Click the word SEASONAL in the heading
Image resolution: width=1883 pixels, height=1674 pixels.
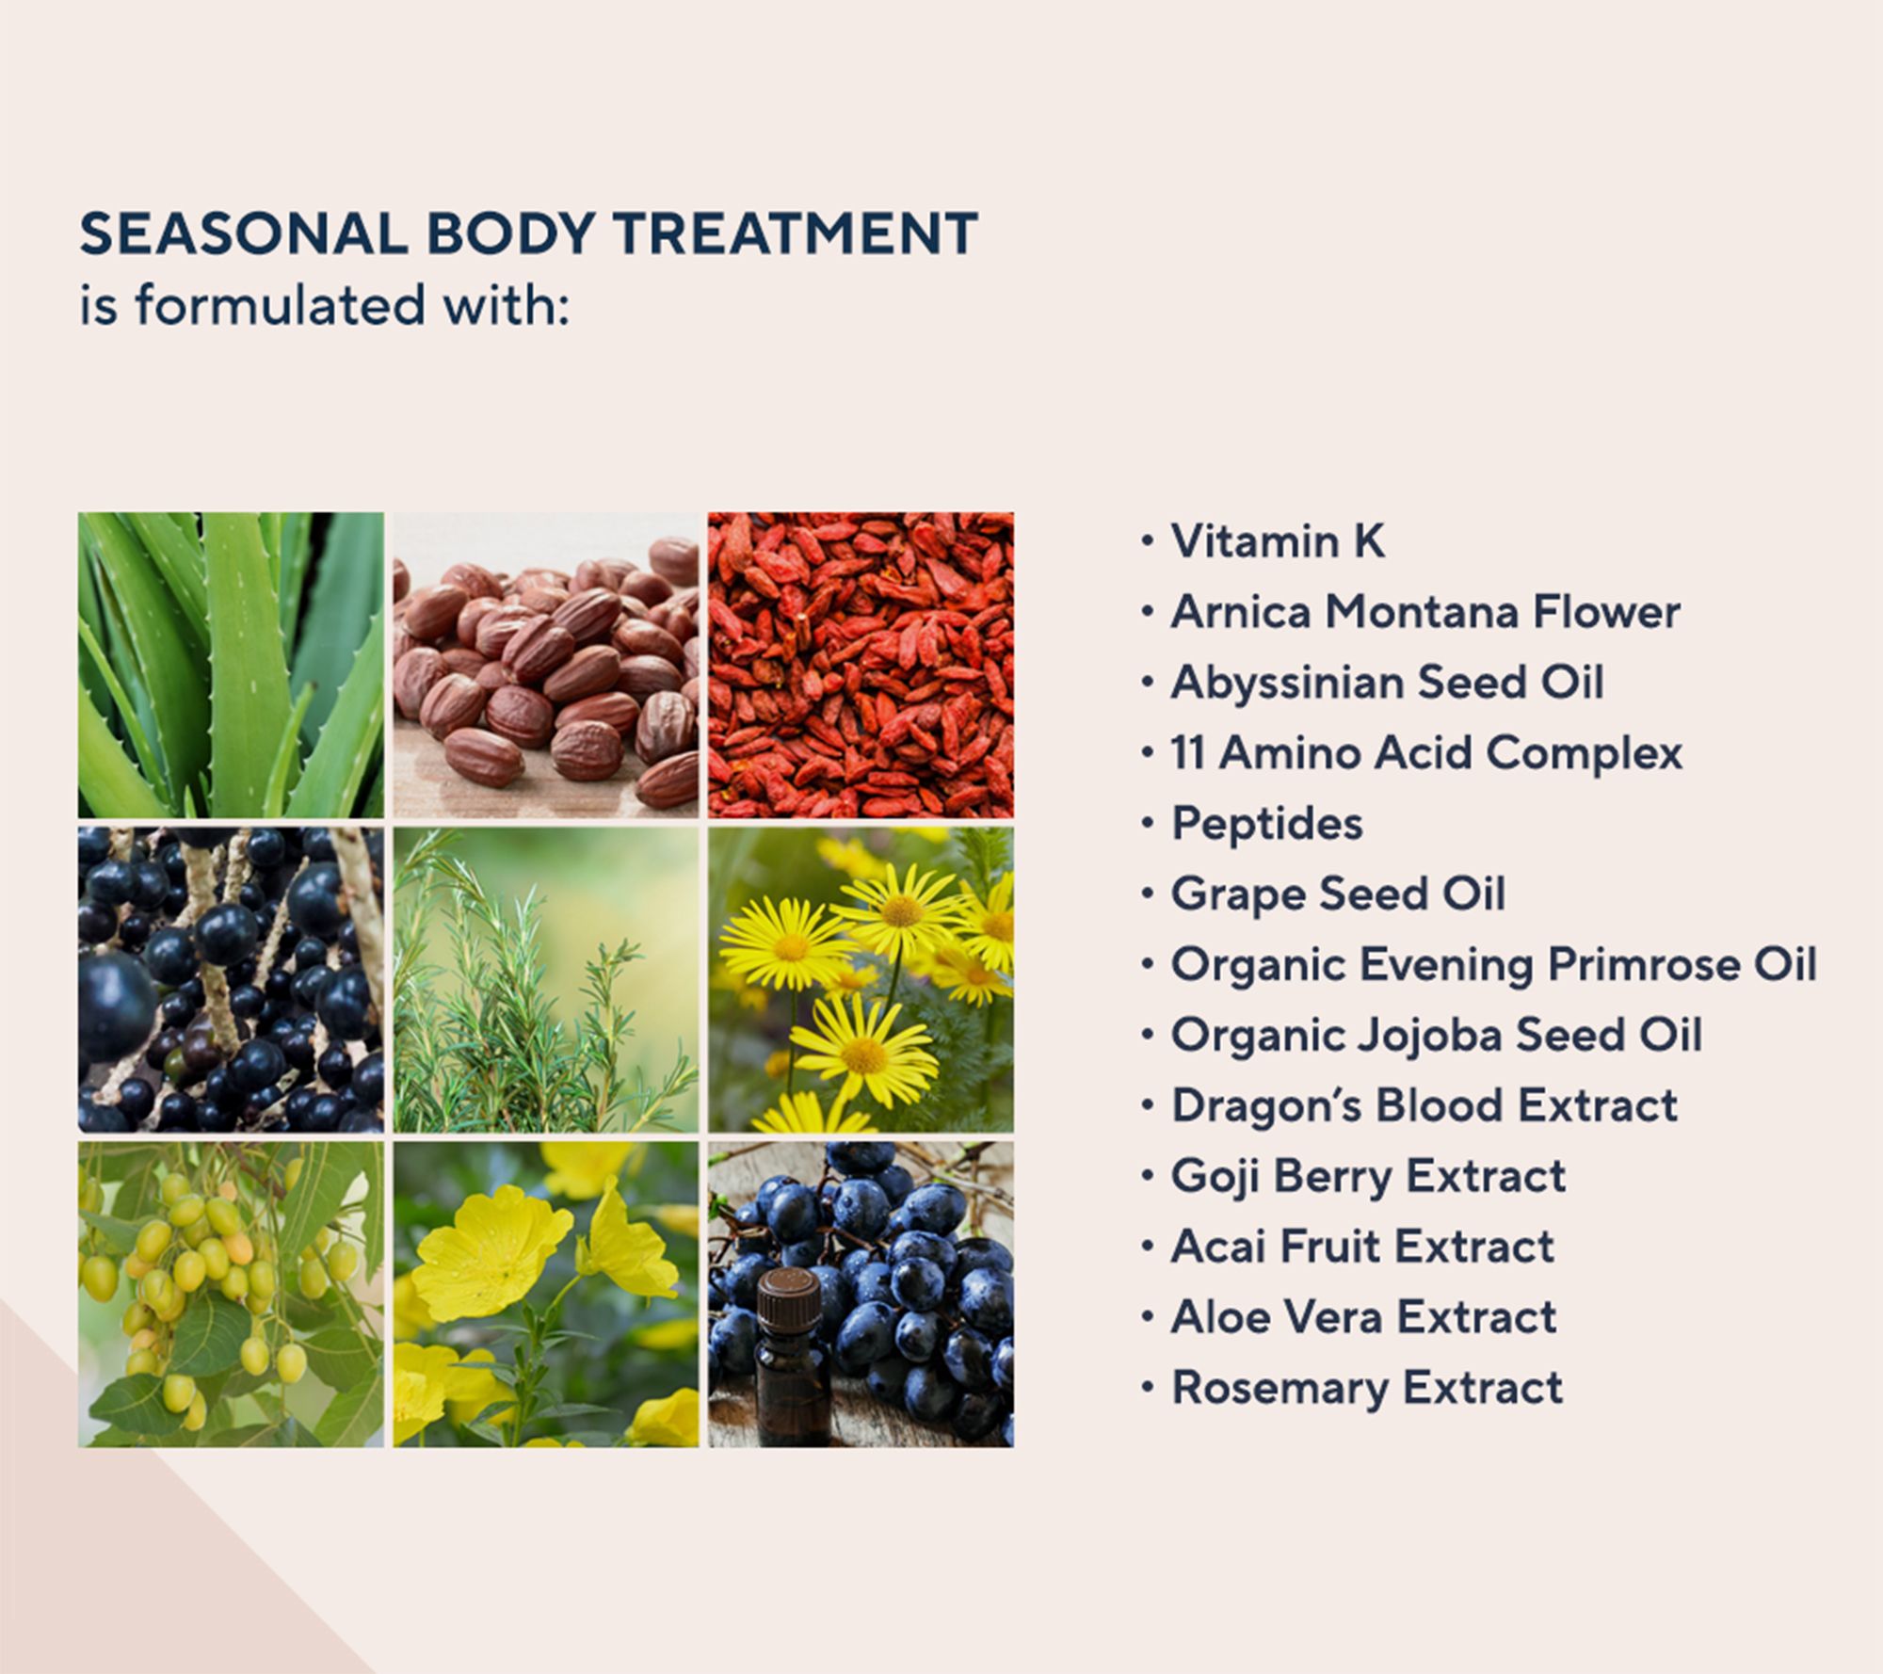pyautogui.click(x=243, y=233)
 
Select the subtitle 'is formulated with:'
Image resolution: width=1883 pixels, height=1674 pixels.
pyautogui.click(x=324, y=305)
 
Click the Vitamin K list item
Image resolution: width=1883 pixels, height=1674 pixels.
pyautogui.click(x=1277, y=541)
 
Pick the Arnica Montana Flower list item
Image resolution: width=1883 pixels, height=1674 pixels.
pyautogui.click(x=1424, y=612)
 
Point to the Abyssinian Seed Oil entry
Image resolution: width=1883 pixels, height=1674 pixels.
pyautogui.click(x=1387, y=682)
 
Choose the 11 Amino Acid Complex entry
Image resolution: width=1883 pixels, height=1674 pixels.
pyautogui.click(x=1425, y=753)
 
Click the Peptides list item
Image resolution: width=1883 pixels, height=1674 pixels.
pyautogui.click(x=1266, y=824)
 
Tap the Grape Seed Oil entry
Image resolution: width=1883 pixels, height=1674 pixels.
pyautogui.click(x=1337, y=893)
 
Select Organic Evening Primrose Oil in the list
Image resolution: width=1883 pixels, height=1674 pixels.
pyautogui.click(x=1493, y=964)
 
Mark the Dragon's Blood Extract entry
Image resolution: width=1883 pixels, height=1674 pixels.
pyautogui.click(x=1424, y=1105)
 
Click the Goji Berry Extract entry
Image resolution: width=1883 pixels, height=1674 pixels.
pyautogui.click(x=1368, y=1176)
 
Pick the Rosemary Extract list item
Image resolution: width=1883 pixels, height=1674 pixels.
pyautogui.click(x=1366, y=1388)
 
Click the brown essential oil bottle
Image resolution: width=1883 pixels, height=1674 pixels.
pyautogui.click(x=790, y=1356)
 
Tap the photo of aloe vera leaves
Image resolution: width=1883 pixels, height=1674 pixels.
pyautogui.click(x=231, y=665)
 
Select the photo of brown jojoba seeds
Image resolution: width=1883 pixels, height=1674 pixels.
pyautogui.click(x=546, y=665)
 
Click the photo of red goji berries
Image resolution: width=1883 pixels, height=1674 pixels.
pyautogui.click(x=861, y=665)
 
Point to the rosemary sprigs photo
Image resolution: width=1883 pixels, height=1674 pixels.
pyautogui.click(x=546, y=979)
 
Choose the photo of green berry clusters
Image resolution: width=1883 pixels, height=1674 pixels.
pyautogui.click(x=231, y=1295)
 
